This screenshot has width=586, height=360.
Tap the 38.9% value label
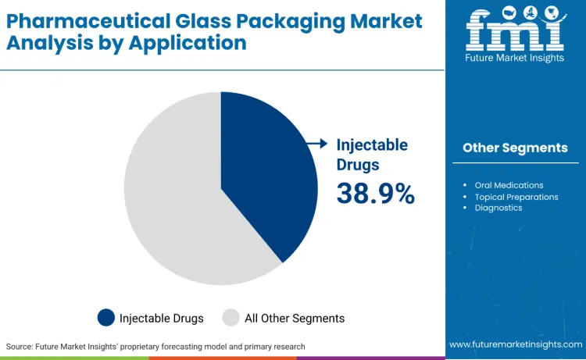click(x=375, y=193)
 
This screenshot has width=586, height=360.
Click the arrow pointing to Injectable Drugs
click(x=316, y=143)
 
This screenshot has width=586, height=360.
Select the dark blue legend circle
click(x=106, y=318)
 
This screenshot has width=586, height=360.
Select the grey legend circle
click(x=231, y=318)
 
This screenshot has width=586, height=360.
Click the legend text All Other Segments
click(x=295, y=318)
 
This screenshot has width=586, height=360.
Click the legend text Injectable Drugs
click(x=161, y=318)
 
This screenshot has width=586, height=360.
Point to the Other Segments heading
click(x=515, y=148)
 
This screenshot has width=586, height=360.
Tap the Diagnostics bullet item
click(x=498, y=208)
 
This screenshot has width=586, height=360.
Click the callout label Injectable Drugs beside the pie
click(x=372, y=154)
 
